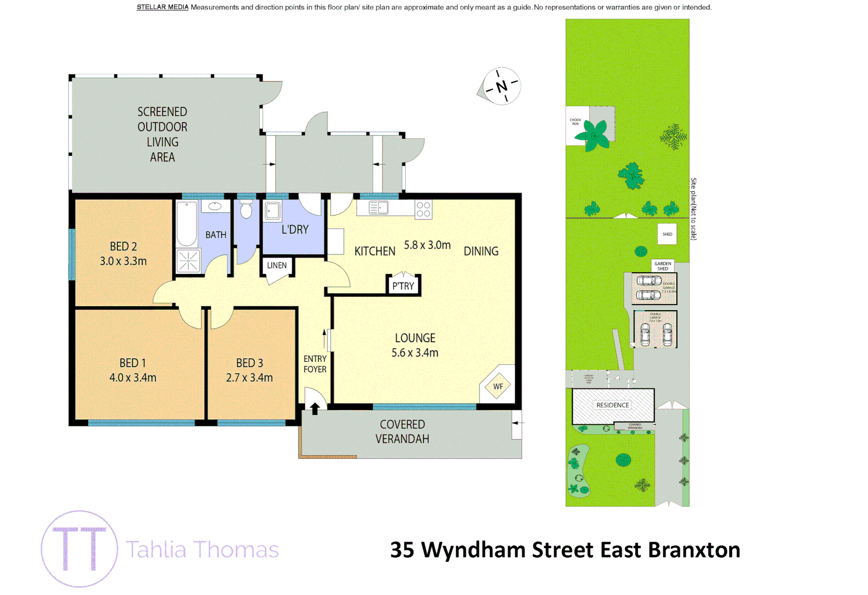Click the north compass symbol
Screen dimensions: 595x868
[501, 86]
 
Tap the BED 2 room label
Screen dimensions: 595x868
[123, 253]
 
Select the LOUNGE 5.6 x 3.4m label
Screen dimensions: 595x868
[415, 345]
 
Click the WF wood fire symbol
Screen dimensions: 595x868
[498, 386]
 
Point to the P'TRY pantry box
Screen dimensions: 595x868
[403, 285]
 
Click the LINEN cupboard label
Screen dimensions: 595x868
[277, 266]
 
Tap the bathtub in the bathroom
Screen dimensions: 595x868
[187, 224]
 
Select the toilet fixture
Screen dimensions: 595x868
[246, 209]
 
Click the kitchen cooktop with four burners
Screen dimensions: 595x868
[423, 209]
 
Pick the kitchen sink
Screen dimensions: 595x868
[379, 208]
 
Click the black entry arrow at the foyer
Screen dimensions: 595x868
[315, 408]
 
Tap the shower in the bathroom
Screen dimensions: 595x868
[188, 261]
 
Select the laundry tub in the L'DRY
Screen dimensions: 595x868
[272, 211]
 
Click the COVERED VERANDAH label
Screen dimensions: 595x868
[402, 431]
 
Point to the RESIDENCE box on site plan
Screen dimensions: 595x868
[613, 405]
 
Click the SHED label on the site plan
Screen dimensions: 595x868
[667, 234]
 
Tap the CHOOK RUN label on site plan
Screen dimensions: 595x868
[575, 122]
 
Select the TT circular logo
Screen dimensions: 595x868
[79, 549]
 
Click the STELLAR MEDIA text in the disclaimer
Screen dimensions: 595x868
[162, 7]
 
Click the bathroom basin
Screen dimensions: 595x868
[215, 207]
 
